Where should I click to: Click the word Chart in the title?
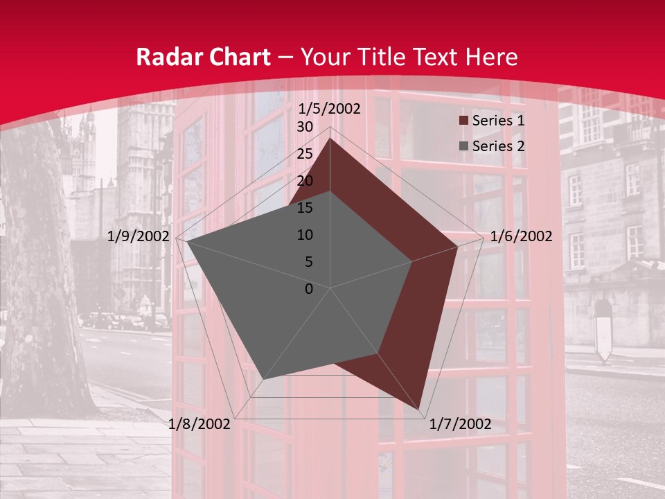[x=238, y=58]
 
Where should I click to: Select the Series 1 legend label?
[x=498, y=121]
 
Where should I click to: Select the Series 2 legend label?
[x=498, y=146]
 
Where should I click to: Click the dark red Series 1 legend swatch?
[x=463, y=121]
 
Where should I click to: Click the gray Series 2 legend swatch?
[x=463, y=147]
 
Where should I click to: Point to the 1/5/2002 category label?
[x=330, y=109]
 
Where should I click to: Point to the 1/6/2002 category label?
[x=521, y=236]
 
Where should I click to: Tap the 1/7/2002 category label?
[x=460, y=424]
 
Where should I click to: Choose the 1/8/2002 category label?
[x=199, y=424]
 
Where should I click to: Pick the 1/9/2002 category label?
[x=139, y=236]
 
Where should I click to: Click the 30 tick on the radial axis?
[x=305, y=127]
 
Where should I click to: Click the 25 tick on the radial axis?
[x=305, y=154]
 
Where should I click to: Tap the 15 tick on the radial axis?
[x=305, y=208]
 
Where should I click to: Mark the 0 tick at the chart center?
[x=309, y=289]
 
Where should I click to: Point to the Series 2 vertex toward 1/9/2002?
[x=186, y=242]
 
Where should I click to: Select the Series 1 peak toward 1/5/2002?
[x=330, y=139]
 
